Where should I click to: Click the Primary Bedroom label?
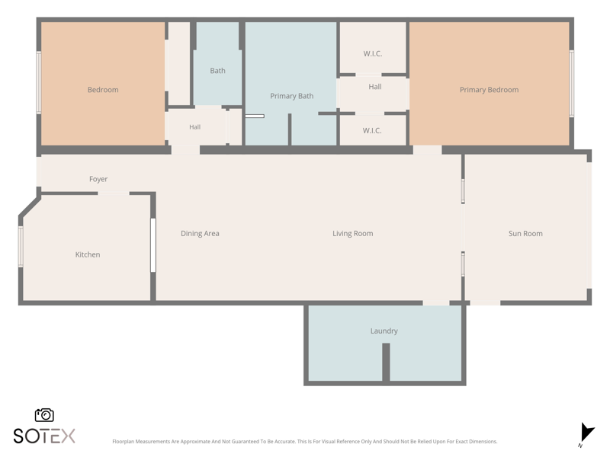pos(489,90)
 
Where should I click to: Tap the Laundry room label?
pos(384,331)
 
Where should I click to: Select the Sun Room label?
pos(525,233)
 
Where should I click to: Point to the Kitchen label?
pos(88,254)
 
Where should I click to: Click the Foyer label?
pos(98,179)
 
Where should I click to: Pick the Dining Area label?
pos(200,233)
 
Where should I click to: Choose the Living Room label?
pos(352,233)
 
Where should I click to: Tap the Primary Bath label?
pos(292,96)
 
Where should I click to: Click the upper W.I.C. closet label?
pos(372,53)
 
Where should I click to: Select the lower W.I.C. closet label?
pos(372,130)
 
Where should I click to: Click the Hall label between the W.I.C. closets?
pos(375,87)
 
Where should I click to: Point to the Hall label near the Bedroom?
pos(195,127)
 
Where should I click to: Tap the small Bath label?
pos(217,71)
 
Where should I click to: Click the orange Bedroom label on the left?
pos(103,90)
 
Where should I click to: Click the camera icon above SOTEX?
pos(44,415)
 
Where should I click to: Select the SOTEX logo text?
pos(44,436)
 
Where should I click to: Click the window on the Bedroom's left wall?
pos(39,82)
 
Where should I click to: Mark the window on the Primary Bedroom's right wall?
pos(571,83)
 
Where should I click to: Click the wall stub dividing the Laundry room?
pos(386,363)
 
